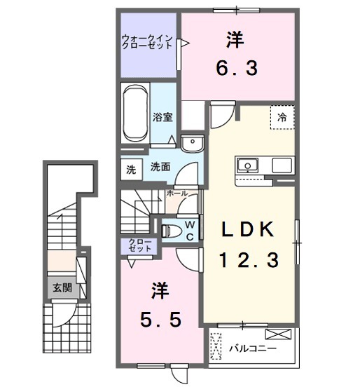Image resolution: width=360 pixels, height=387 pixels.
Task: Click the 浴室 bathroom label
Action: [x=162, y=117]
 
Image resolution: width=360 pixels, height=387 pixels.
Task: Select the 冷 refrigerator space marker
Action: [x=282, y=117]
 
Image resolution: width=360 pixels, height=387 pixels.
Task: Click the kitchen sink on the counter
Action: [x=247, y=165]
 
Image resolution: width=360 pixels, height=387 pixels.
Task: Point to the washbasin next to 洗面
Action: [x=190, y=143]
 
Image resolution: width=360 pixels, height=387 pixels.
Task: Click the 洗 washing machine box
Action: [x=130, y=168]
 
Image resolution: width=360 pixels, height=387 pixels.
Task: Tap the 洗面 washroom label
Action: [x=160, y=168]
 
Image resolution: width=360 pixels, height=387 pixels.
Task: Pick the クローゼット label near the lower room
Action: [x=139, y=245]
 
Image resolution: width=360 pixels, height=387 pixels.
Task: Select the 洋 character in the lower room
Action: [x=159, y=289]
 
